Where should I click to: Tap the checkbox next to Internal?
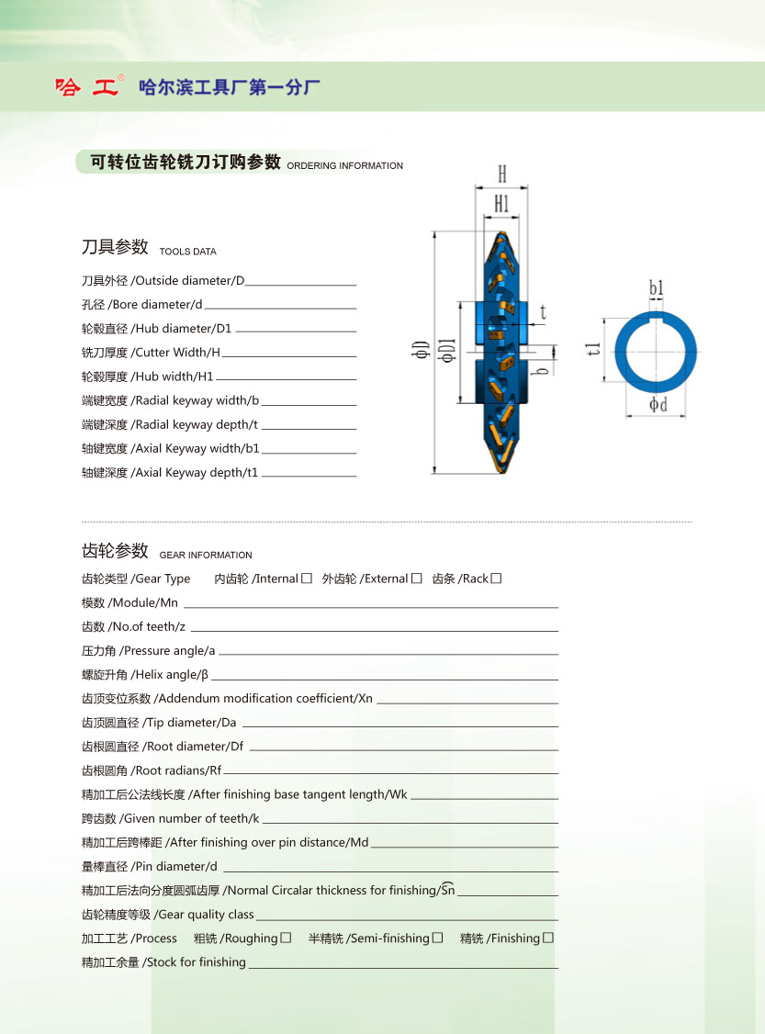(307, 579)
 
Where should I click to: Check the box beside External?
(417, 579)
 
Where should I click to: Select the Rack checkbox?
(496, 579)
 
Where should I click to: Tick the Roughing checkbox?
(287, 938)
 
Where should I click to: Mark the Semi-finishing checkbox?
(438, 938)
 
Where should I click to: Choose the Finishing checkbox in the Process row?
(548, 938)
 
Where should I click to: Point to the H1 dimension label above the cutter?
(501, 204)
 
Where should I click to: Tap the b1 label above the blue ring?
(657, 288)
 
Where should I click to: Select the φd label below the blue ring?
(658, 404)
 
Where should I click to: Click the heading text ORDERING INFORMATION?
(344, 166)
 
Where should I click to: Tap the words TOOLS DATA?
(187, 252)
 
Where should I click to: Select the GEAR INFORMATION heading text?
(206, 556)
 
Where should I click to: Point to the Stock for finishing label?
(196, 962)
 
